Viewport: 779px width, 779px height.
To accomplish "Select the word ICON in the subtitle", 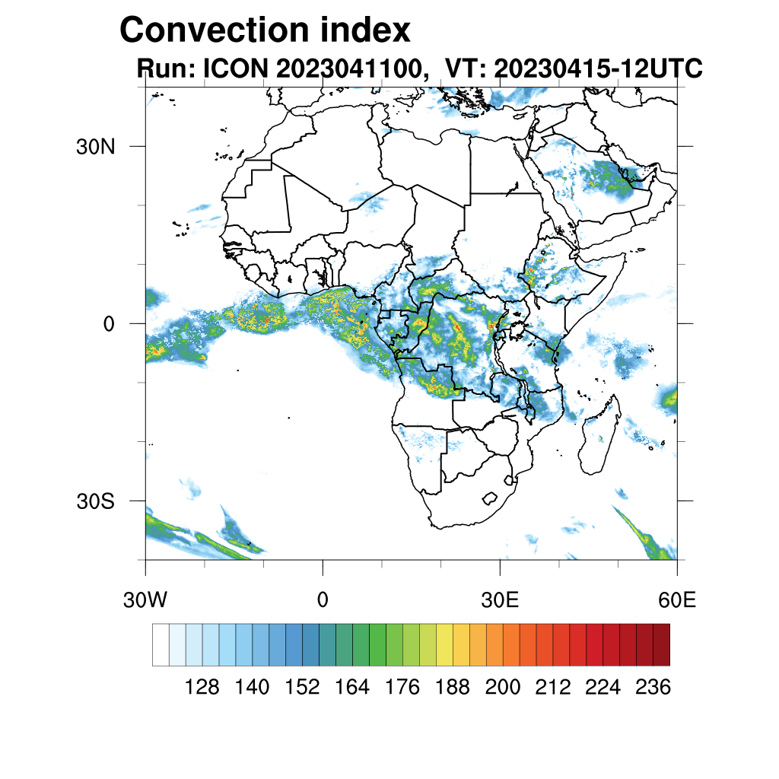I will pos(234,69).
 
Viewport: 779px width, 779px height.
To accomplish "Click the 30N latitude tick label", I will pos(94,147).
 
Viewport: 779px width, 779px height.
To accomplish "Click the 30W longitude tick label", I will pos(145,600).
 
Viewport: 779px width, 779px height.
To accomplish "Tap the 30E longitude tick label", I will pos(500,600).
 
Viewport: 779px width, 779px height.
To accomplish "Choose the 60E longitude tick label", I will pos(677,600).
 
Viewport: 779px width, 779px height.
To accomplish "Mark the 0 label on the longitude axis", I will pos(323,600).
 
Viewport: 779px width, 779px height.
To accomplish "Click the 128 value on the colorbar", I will pos(202,688).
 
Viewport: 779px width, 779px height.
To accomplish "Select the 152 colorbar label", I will pos(302,688).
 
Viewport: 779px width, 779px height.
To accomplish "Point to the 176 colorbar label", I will pos(402,688).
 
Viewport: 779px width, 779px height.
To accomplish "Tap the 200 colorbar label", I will pos(503,688).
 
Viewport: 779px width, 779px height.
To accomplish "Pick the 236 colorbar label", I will pos(653,688).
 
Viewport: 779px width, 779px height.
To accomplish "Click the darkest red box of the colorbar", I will pos(661,644).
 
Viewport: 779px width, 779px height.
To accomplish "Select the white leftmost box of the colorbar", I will pos(161,644).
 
